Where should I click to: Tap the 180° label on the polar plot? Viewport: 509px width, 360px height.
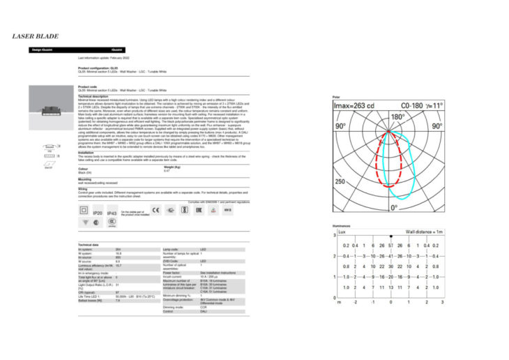(x=397, y=117)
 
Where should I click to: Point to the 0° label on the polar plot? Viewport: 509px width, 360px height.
(x=395, y=207)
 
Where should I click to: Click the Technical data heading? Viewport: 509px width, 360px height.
(x=88, y=245)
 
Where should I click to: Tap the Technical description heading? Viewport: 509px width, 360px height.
(x=93, y=96)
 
